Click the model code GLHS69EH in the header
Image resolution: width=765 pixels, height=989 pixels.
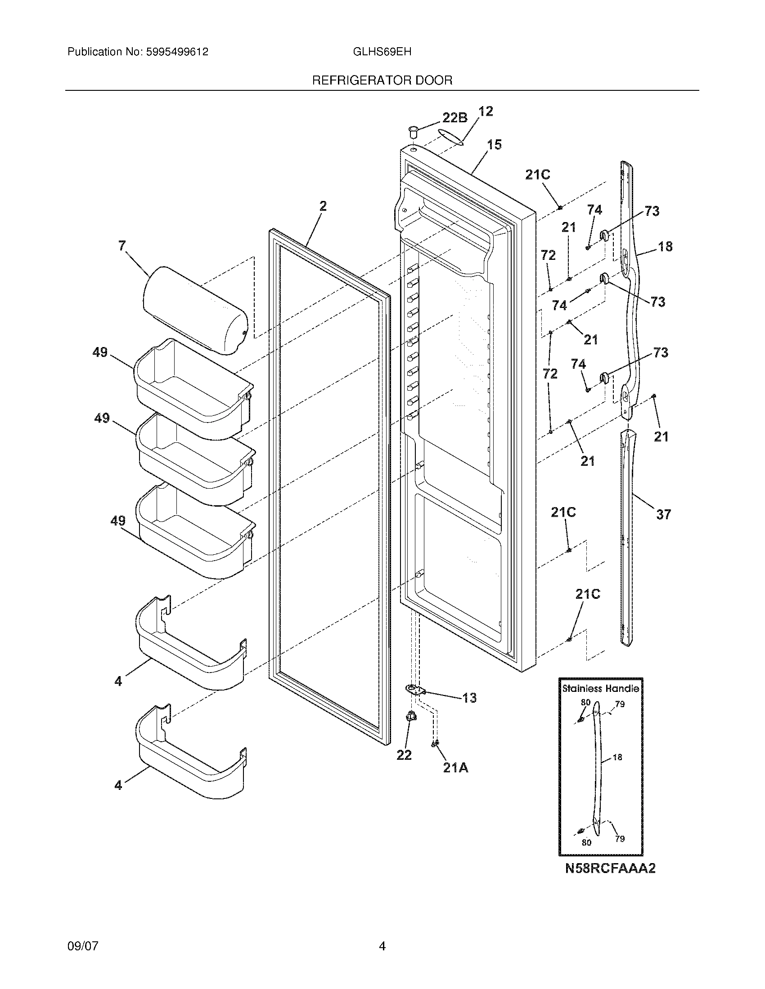(x=382, y=52)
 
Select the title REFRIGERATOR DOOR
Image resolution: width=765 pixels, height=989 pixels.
(x=382, y=80)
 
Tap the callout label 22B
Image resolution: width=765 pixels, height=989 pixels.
(x=454, y=118)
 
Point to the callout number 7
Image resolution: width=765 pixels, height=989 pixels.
(x=122, y=246)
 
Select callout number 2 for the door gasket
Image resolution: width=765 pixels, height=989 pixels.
(x=323, y=206)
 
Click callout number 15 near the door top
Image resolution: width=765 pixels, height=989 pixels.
(x=494, y=145)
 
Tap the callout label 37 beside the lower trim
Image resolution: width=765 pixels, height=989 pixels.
(x=663, y=514)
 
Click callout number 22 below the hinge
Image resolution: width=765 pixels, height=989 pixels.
(x=404, y=755)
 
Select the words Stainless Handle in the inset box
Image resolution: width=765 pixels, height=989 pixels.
(x=600, y=689)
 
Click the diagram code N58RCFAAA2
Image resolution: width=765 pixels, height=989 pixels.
(x=610, y=869)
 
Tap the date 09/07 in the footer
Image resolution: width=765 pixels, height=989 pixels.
(x=83, y=946)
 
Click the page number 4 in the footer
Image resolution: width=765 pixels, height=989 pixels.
(x=382, y=946)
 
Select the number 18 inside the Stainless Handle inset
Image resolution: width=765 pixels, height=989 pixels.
(x=617, y=757)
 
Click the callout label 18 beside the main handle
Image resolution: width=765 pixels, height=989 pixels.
(x=665, y=247)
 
